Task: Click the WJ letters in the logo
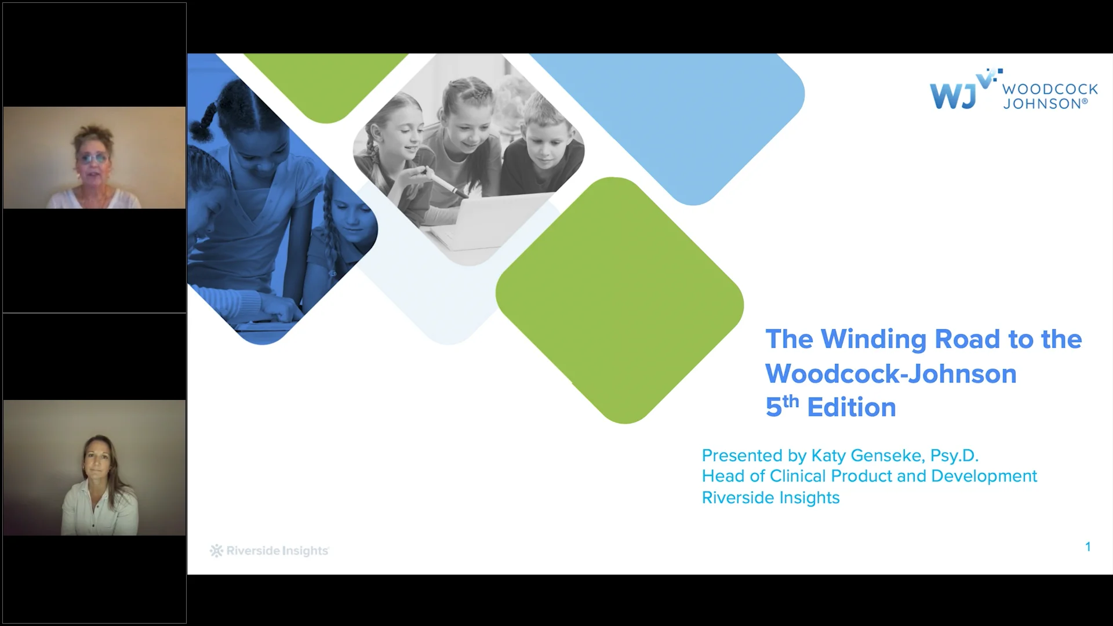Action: (x=952, y=96)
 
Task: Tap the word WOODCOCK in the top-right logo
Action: (x=1050, y=89)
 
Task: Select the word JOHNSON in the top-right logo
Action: (x=1042, y=104)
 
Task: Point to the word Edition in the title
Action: (x=852, y=407)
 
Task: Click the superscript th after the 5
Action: (x=791, y=401)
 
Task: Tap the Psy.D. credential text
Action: (x=954, y=456)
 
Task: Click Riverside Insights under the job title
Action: (x=770, y=498)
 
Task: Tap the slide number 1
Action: (x=1088, y=547)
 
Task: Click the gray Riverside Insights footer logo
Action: (x=270, y=551)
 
